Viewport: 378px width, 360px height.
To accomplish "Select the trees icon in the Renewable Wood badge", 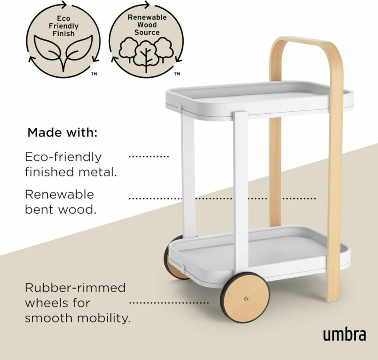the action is point(146,54).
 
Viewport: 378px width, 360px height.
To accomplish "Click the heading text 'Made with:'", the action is point(63,133).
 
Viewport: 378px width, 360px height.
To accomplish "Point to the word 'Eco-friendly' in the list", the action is point(63,157).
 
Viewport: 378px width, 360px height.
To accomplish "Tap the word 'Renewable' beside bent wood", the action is point(59,194).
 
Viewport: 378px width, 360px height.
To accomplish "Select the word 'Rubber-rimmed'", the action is point(75,288).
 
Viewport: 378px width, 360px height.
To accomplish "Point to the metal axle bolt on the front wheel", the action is point(246,299).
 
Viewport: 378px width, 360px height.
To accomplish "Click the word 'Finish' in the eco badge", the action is point(64,33).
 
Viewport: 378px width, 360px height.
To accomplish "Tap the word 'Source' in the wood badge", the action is point(147,32).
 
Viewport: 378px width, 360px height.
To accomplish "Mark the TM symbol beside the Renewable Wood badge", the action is point(177,74).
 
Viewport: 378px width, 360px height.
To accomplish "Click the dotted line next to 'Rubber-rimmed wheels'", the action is point(169,302).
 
